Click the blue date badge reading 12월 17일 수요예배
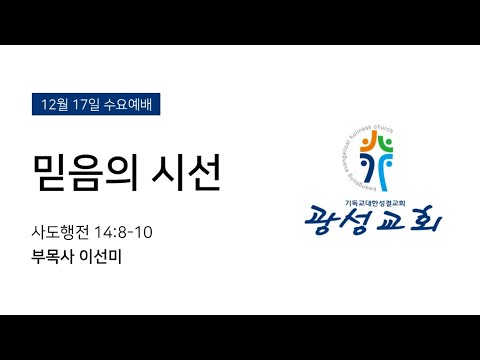coord(95,104)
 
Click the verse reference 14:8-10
coord(125,233)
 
